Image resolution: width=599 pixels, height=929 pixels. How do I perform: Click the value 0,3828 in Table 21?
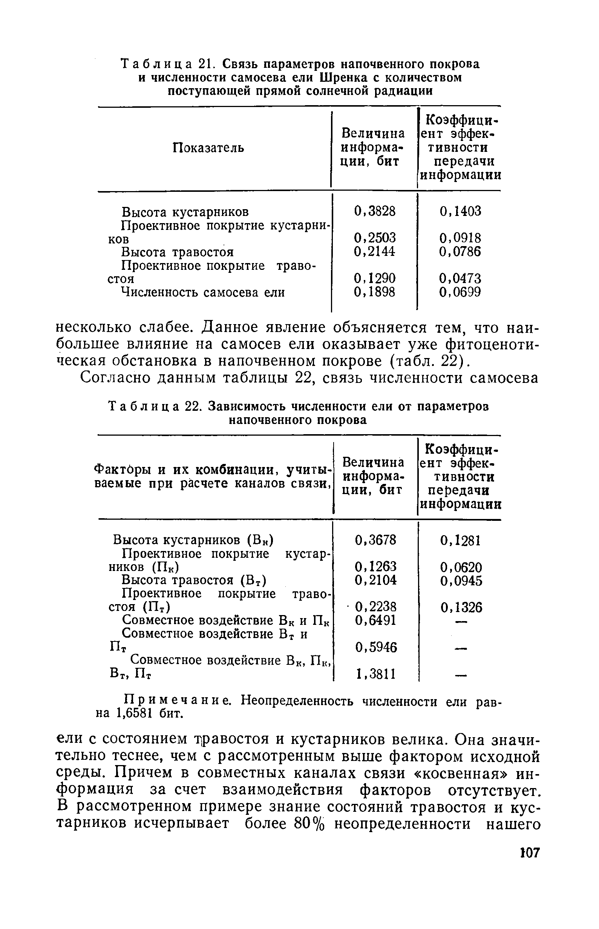[x=374, y=211]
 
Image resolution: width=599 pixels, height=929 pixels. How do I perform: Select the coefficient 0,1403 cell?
[x=460, y=211]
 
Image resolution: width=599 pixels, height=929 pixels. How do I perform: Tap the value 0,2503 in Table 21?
[x=374, y=237]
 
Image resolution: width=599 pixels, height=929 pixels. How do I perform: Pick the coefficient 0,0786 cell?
[x=460, y=252]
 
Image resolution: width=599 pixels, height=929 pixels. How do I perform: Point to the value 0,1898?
[x=374, y=292]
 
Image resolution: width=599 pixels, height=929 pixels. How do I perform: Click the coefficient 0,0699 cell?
[x=460, y=292]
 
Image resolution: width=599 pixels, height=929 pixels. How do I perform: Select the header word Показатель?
[x=208, y=148]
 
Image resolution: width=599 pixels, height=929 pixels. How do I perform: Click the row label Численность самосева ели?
[x=203, y=292]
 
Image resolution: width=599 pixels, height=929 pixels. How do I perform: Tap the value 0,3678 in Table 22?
[x=376, y=540]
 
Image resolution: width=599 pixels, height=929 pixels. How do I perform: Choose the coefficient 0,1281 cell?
[x=461, y=540]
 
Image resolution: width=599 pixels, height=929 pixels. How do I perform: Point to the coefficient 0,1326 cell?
[x=461, y=607]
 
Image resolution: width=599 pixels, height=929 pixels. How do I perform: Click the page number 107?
[x=530, y=853]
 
